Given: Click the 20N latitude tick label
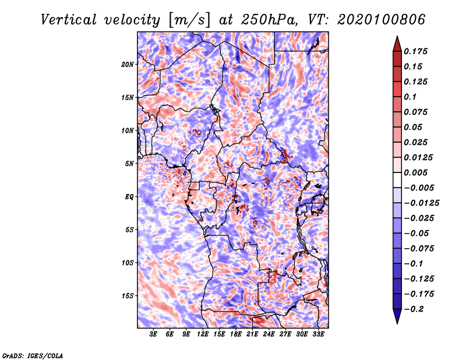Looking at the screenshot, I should coord(128,64).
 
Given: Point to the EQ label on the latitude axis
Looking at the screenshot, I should coord(130,197).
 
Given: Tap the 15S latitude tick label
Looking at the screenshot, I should coord(128,296).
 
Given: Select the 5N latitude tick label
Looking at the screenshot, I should coord(129,164).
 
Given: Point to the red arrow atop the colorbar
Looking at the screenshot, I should coord(396,43).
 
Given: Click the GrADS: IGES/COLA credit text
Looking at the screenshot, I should coord(33,355).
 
